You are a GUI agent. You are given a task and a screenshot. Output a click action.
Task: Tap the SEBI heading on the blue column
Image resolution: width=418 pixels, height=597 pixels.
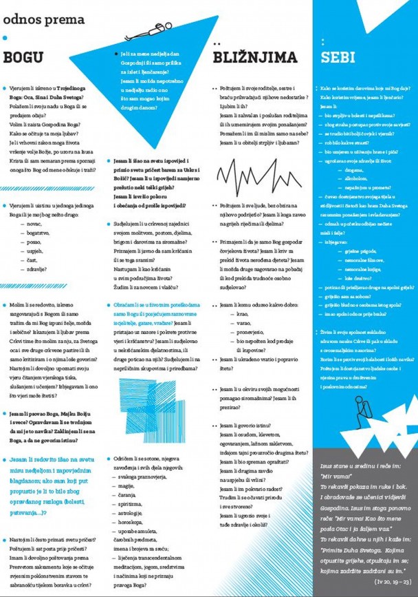[x=338, y=57]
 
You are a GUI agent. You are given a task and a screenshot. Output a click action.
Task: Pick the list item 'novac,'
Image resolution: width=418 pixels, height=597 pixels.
[x=36, y=226]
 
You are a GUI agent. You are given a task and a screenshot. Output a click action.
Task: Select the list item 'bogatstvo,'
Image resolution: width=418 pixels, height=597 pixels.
[x=39, y=234]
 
